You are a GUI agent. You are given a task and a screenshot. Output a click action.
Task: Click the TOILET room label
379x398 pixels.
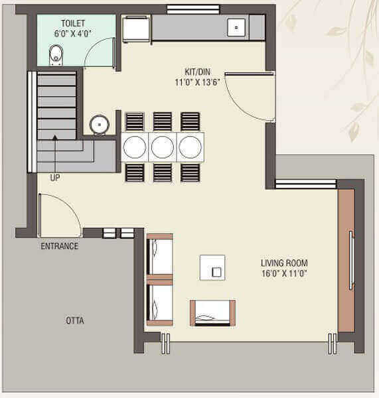(73, 23)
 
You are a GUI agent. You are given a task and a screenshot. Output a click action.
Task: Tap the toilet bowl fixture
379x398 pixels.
(56, 55)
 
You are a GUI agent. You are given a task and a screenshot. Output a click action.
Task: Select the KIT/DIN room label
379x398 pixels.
(197, 72)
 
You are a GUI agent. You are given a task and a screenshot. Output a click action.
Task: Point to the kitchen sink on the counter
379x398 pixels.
(236, 27)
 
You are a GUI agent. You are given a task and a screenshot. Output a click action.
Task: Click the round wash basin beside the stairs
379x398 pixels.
(100, 125)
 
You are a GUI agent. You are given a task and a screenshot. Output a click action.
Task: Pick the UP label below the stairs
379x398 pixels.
(55, 177)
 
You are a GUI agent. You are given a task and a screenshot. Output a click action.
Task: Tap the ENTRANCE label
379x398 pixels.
(60, 246)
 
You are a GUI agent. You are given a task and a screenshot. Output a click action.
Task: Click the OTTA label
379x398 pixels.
(75, 320)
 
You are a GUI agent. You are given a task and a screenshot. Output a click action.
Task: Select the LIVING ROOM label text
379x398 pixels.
(284, 263)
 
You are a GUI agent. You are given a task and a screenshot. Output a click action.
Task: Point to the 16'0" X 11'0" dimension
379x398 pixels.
(284, 273)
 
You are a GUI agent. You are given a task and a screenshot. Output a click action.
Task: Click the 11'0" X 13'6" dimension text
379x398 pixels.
(197, 82)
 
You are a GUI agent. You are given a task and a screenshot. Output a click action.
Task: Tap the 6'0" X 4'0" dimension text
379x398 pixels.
(72, 33)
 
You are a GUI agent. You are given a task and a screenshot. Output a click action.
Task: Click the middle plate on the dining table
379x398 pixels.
(163, 147)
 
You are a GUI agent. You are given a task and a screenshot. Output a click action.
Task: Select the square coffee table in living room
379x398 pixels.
(212, 267)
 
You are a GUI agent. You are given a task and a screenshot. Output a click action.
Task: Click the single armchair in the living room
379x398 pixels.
(213, 313)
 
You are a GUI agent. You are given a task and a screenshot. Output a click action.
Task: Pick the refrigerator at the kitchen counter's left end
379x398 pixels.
(135, 29)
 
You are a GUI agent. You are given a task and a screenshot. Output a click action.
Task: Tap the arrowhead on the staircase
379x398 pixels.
(55, 137)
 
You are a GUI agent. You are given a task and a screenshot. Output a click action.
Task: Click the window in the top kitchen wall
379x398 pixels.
(193, 9)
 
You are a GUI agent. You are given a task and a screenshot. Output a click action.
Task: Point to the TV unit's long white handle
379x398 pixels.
(351, 260)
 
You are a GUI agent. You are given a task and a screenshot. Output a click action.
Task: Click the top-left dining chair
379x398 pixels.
(135, 121)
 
